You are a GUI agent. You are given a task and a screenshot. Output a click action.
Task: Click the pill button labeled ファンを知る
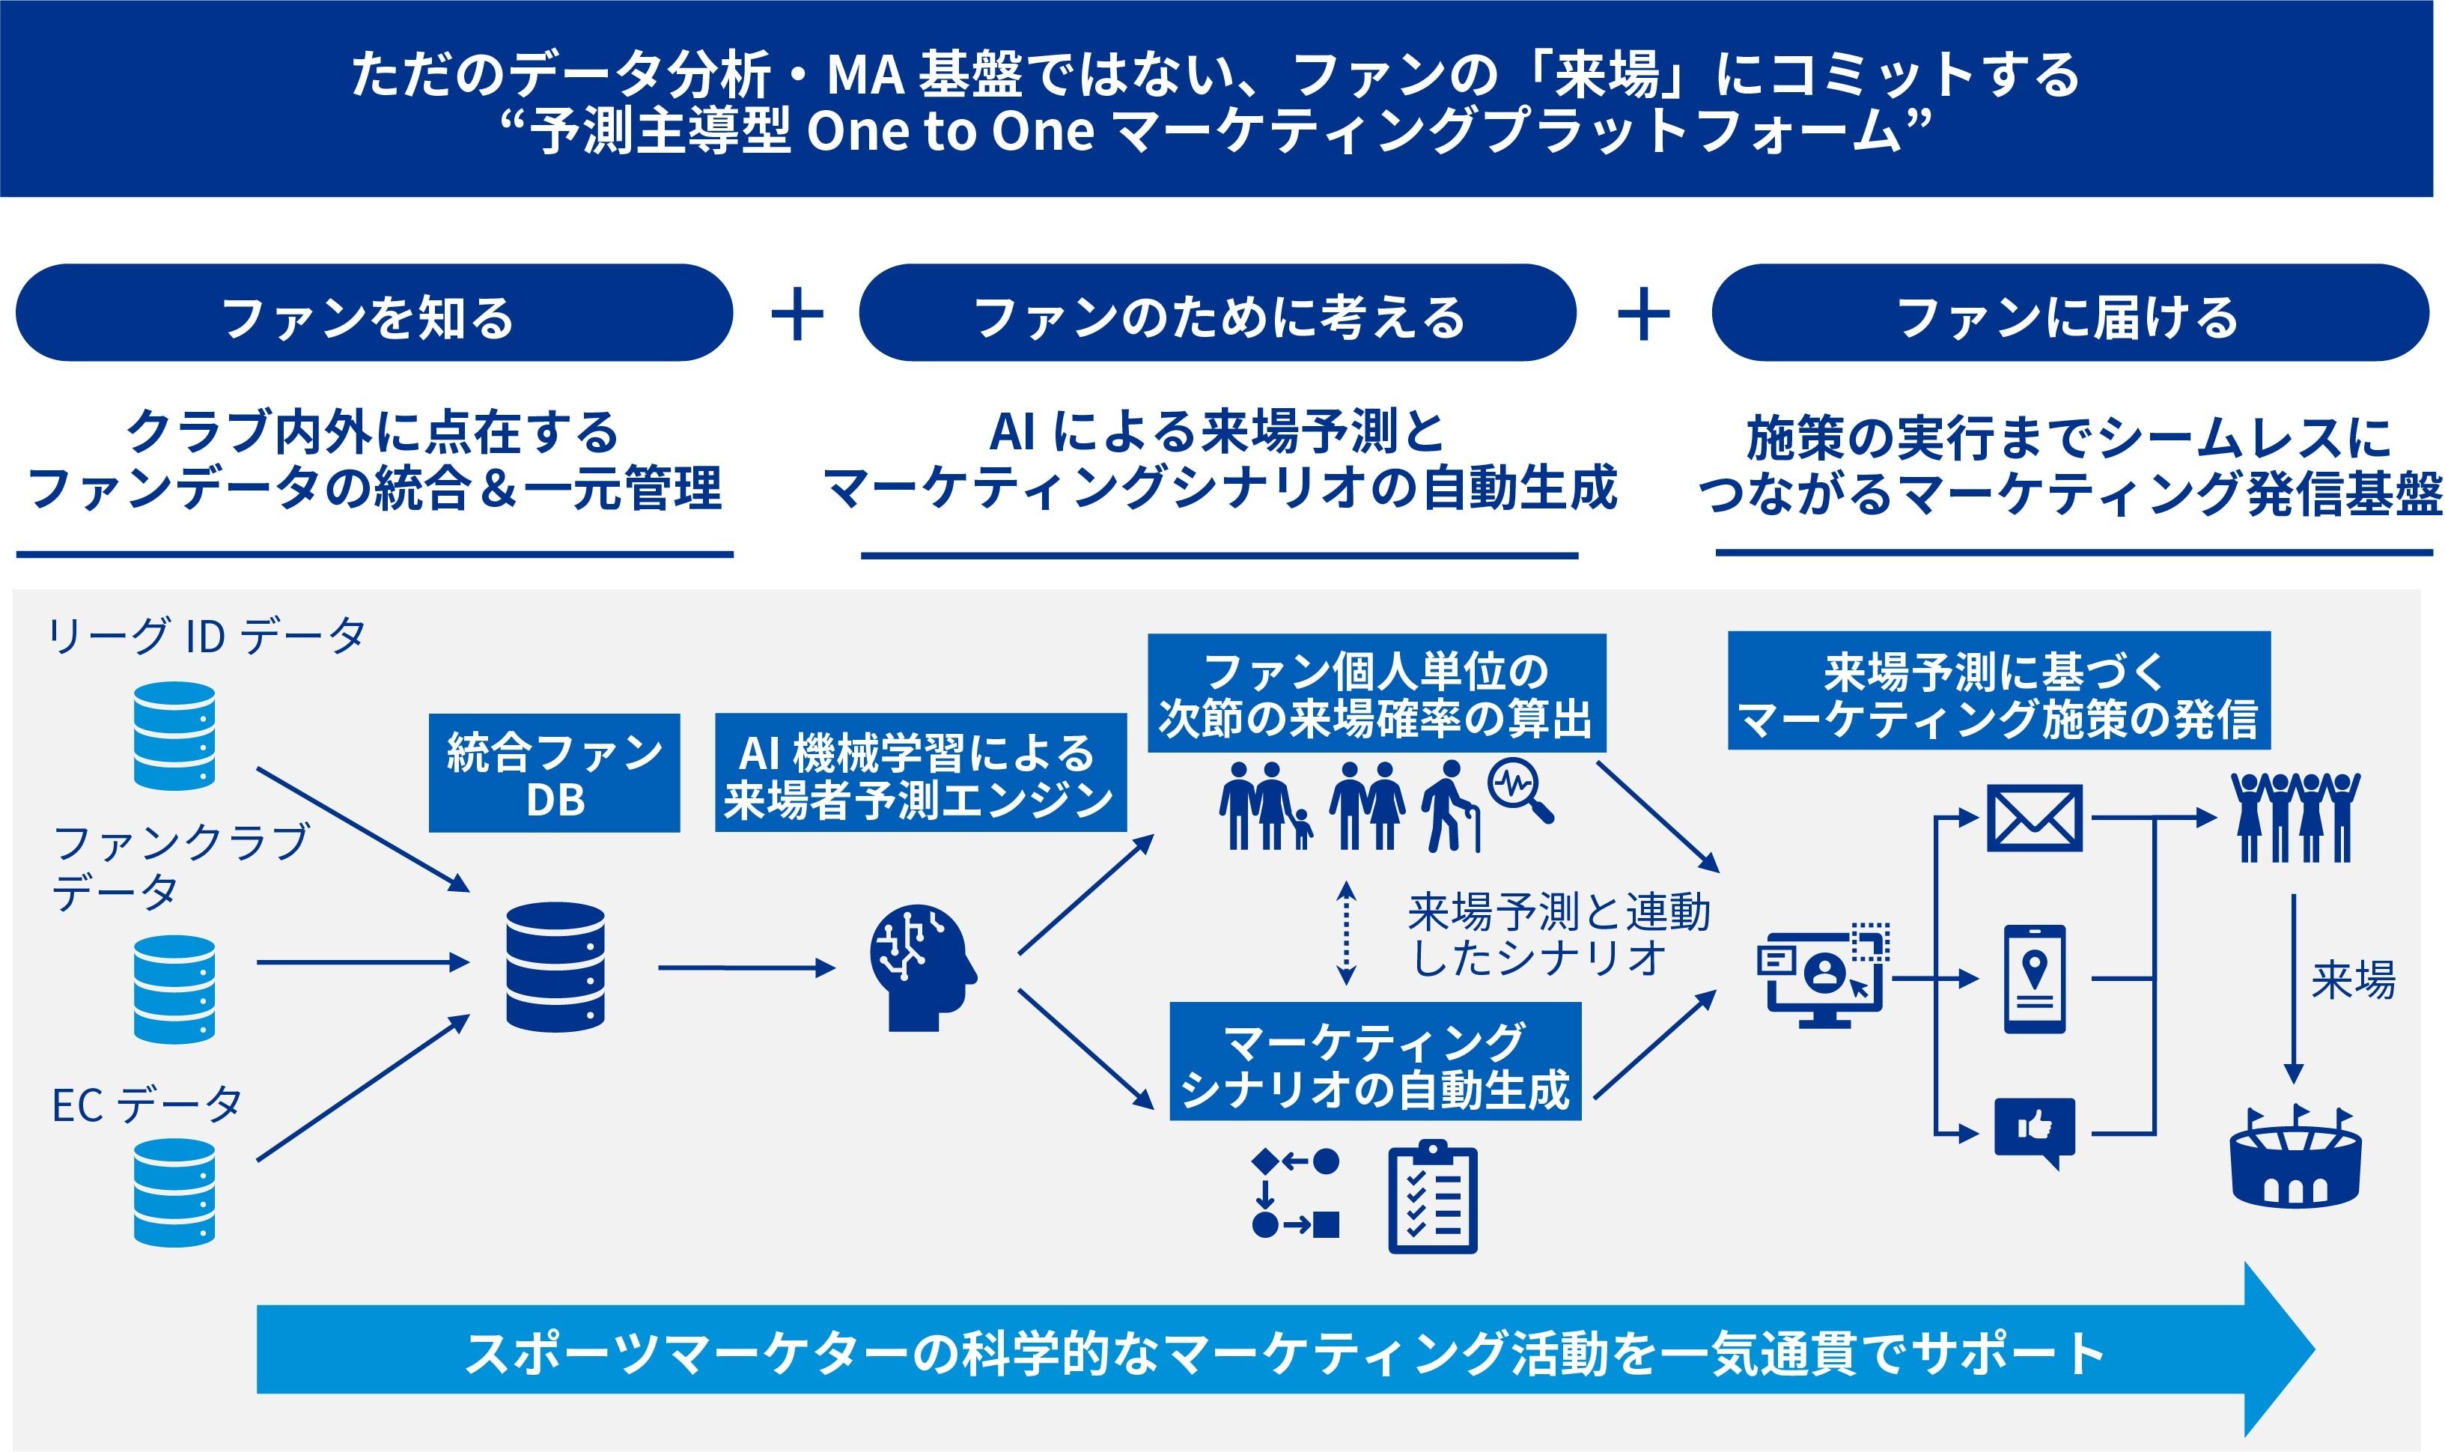coord(374,313)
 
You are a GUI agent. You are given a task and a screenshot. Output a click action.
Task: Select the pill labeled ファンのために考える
coord(1217,313)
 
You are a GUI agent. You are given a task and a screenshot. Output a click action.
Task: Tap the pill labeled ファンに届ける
coord(2068,313)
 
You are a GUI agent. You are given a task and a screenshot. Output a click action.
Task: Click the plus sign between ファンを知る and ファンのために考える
coord(797,314)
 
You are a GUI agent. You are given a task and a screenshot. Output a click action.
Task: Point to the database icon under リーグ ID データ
coord(174,736)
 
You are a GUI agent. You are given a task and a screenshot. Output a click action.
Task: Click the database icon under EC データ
coord(174,1191)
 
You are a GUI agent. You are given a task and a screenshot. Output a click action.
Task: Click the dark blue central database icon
coord(555,967)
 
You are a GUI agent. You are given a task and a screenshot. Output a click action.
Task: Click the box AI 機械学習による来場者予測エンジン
coord(919,773)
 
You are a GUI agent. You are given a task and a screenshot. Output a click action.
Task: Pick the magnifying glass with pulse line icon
coord(1519,791)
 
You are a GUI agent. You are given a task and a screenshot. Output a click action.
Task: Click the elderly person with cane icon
coord(1449,807)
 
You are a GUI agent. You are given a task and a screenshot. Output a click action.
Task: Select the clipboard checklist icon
coord(1432,1197)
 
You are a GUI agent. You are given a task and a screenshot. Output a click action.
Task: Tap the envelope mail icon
coord(2034,818)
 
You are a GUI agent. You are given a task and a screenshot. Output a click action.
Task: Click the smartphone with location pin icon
coord(2034,979)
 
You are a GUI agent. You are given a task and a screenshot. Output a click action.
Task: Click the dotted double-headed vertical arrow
coord(1346,932)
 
